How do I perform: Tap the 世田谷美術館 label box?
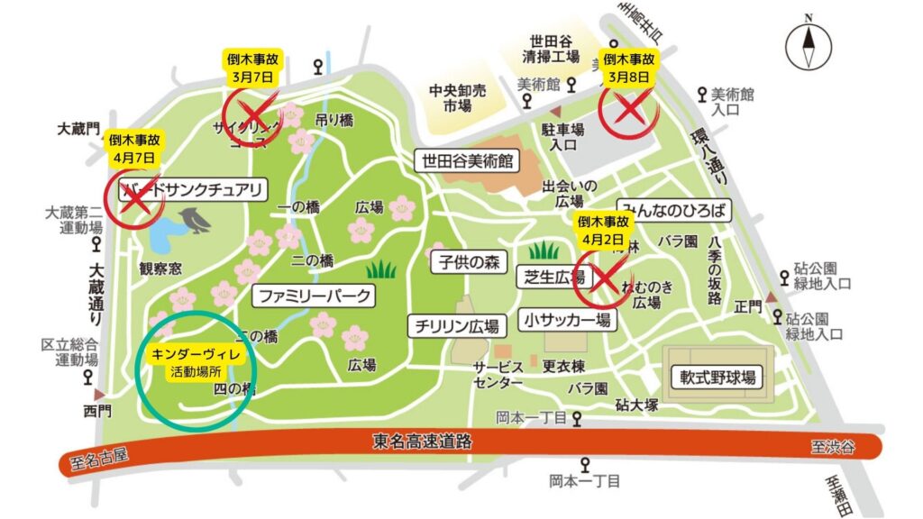pyautogui.click(x=467, y=161)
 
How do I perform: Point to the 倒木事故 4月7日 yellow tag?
pyautogui.click(x=133, y=148)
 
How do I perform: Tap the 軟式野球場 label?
pyautogui.click(x=717, y=376)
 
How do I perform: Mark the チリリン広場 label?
pyautogui.click(x=457, y=324)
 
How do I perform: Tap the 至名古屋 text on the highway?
pyautogui.click(x=99, y=458)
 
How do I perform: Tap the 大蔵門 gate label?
pyautogui.click(x=78, y=130)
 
